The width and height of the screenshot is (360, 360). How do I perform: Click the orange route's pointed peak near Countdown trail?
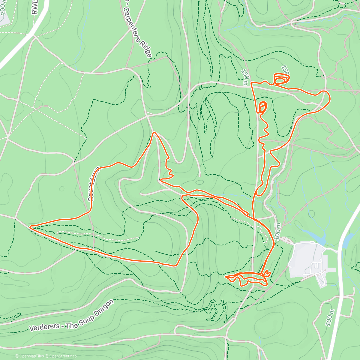[x=154, y=132]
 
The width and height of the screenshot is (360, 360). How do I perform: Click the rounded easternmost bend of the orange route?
[x=329, y=97]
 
